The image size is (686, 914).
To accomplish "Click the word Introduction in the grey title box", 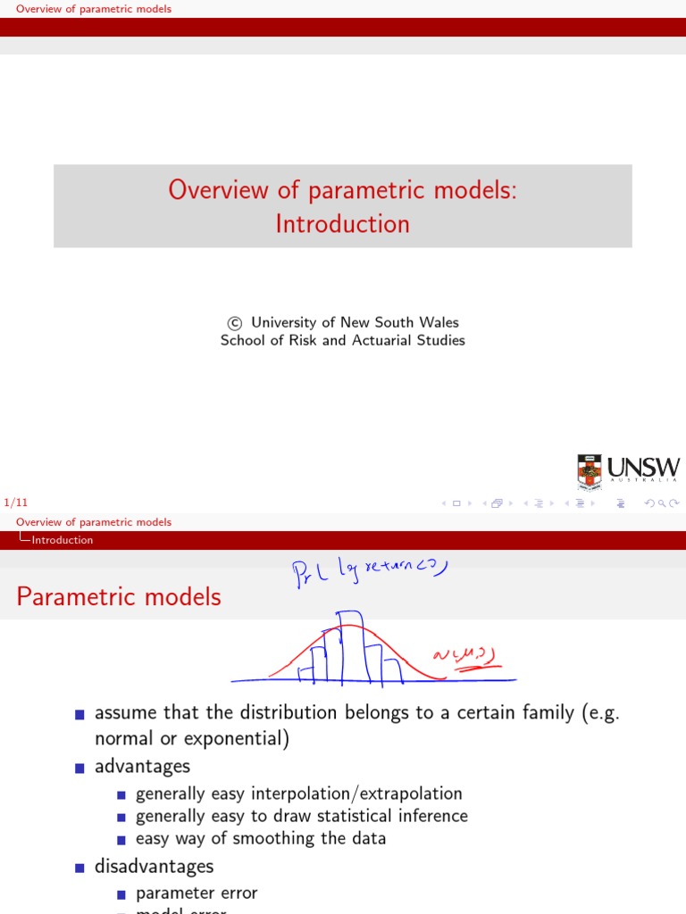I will tap(343, 223).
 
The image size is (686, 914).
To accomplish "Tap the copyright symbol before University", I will tap(235, 323).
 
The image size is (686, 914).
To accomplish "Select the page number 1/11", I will tap(16, 503).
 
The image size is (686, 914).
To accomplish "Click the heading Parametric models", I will tap(119, 596).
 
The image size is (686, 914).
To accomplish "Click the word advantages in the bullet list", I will tap(142, 767).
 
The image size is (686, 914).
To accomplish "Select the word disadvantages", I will tap(154, 866).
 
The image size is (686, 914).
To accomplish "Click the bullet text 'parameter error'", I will tap(197, 893).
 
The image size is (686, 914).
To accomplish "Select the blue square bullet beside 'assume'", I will tap(80, 714).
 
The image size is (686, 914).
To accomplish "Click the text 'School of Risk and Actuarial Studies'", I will tap(343, 340).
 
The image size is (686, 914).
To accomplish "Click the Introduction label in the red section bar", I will tap(62, 540).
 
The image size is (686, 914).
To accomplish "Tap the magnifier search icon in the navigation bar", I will tap(662, 503).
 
